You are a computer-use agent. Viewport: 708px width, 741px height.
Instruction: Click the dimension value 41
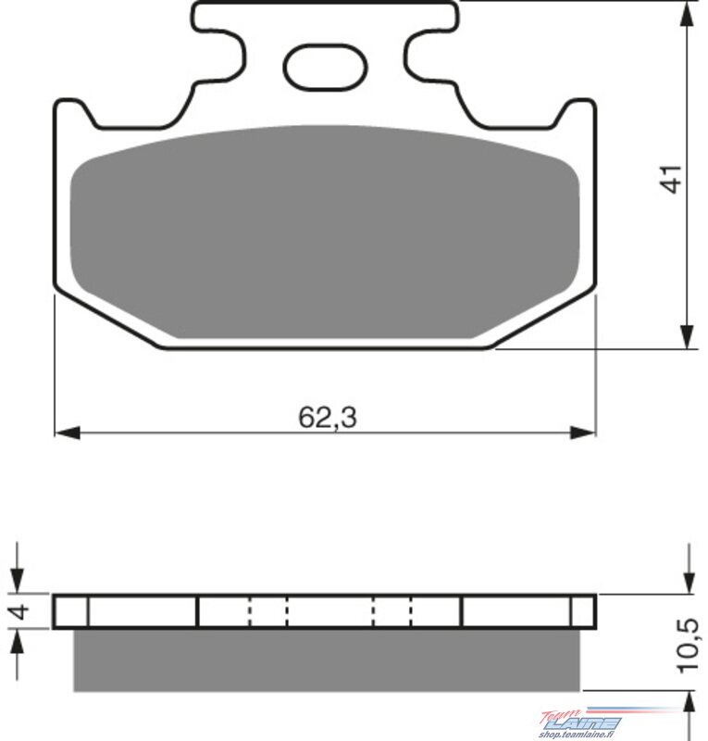point(672,179)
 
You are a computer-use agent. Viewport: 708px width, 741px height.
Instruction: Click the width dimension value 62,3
point(328,418)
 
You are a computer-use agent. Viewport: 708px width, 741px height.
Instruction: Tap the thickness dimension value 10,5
point(688,644)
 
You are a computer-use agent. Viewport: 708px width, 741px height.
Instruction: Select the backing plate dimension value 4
point(19,611)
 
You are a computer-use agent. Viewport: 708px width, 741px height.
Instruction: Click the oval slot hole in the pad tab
point(325,67)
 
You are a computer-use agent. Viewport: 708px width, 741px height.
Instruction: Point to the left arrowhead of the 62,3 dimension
point(67,432)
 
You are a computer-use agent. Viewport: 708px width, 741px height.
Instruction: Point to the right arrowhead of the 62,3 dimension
point(582,432)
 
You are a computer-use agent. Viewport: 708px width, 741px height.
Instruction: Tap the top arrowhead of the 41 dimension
point(688,15)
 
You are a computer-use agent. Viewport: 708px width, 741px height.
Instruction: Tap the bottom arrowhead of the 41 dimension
point(688,336)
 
